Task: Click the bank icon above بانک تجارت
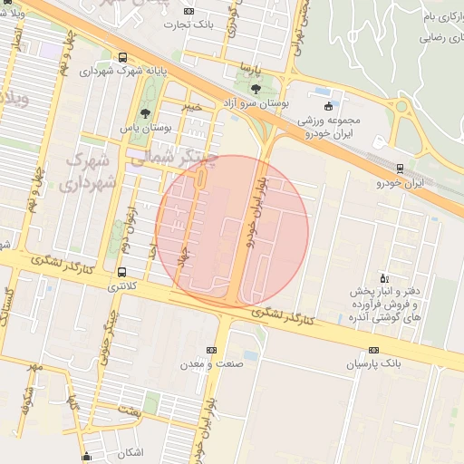click(188, 11)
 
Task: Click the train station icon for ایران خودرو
click(400, 168)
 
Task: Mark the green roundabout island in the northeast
click(400, 107)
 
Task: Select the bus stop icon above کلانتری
click(121, 272)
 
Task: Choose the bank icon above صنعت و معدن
click(212, 350)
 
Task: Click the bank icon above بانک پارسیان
click(374, 350)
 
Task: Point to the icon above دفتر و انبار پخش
click(384, 278)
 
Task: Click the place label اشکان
click(131, 451)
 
